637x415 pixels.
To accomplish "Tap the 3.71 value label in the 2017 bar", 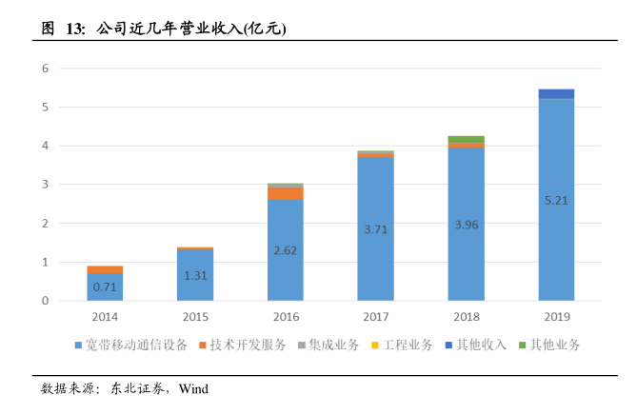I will [x=375, y=229].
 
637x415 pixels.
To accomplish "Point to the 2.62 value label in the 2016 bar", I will [x=285, y=250].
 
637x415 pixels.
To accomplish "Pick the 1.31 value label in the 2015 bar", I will [x=195, y=276].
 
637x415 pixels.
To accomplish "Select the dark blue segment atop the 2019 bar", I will [x=556, y=93].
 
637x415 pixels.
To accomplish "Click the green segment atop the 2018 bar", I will [x=466, y=139].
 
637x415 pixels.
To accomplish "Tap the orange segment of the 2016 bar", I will [x=285, y=193].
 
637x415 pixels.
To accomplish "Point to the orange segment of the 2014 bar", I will [x=105, y=269].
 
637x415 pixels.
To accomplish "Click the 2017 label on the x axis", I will [x=375, y=316].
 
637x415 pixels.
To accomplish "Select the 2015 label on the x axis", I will [x=195, y=316].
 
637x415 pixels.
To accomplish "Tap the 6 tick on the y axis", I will [x=45, y=69].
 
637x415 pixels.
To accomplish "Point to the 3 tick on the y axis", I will [x=45, y=185].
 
